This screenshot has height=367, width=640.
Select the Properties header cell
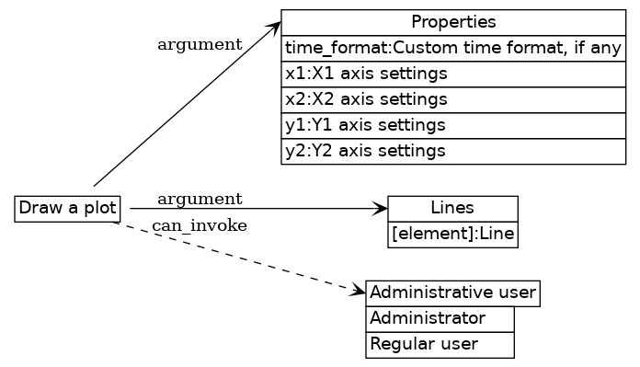tap(453, 22)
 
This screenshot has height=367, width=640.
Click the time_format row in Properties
tap(453, 48)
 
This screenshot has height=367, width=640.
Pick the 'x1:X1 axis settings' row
tap(453, 74)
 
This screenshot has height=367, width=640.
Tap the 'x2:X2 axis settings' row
tap(453, 99)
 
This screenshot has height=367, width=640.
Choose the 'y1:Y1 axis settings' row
tap(453, 125)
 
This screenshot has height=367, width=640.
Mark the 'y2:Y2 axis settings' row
tap(453, 151)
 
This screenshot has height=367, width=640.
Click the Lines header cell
tap(452, 209)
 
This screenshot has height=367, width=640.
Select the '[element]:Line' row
tap(452, 235)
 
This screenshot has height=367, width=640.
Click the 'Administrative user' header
tap(452, 293)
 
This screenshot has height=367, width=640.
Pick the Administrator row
tap(440, 319)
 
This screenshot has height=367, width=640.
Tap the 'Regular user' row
tap(440, 345)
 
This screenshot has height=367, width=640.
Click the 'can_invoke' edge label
tap(200, 227)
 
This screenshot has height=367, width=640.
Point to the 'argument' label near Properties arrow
tap(200, 44)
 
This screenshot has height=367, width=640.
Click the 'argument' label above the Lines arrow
tap(200, 200)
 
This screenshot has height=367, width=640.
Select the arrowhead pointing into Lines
tap(381, 210)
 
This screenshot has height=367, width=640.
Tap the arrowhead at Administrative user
tap(359, 291)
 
